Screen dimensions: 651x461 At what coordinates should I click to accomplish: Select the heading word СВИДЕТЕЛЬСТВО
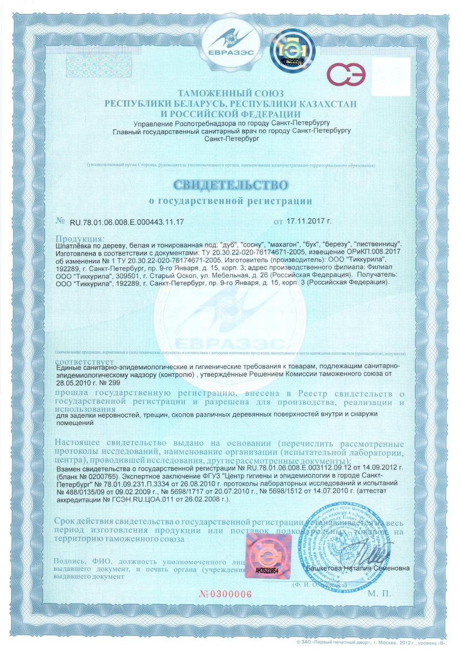point(230,184)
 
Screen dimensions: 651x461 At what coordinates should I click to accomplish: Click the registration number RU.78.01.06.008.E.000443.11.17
point(127,222)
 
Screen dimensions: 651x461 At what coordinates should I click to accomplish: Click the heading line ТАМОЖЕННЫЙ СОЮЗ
point(230,93)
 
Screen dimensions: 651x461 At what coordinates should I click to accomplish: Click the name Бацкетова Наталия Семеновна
point(358,567)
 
